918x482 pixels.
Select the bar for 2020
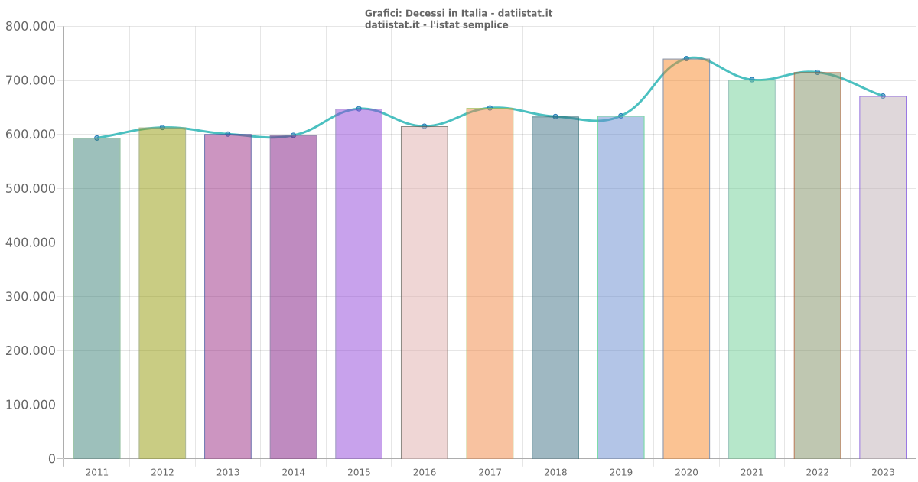tap(686, 260)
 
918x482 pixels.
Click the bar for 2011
tap(96, 298)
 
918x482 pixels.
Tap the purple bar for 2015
tap(359, 283)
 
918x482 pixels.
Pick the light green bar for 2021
tap(751, 268)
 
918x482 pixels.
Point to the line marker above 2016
tap(425, 126)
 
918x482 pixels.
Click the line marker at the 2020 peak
tap(686, 58)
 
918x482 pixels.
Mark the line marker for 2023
tap(883, 96)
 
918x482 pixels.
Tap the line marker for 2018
tap(555, 116)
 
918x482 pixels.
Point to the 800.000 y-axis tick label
tap(31, 27)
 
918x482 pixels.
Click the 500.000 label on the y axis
tap(31, 189)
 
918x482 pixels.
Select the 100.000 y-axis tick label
tap(31, 405)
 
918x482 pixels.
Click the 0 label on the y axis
tap(52, 459)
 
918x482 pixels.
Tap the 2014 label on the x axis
tap(293, 473)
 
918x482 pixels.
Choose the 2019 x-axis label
tap(621, 473)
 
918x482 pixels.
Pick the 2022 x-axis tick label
tap(817, 473)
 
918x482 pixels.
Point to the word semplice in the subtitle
tap(485, 25)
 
